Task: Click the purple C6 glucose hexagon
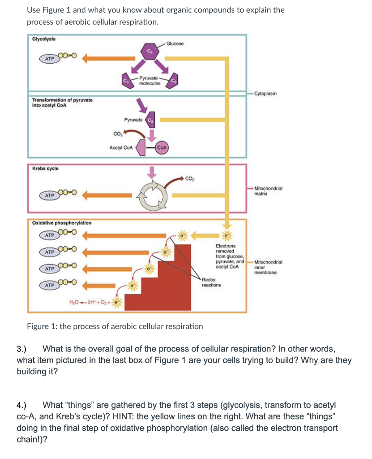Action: (149, 52)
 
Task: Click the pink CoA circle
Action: (162, 148)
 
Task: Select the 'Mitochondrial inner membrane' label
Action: (265, 267)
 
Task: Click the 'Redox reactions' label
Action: (211, 282)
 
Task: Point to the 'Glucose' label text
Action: (175, 43)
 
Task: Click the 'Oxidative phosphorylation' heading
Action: (62, 223)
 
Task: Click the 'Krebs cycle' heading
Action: (45, 169)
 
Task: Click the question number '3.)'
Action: (22, 349)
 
